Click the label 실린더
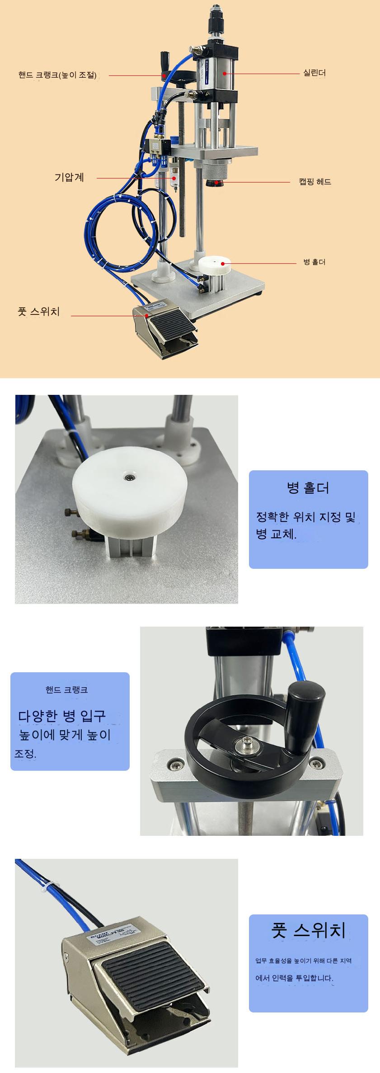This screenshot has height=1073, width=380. click(314, 73)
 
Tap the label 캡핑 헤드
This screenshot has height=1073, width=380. click(315, 182)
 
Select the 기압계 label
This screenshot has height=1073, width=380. click(69, 177)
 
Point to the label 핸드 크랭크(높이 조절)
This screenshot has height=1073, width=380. click(58, 75)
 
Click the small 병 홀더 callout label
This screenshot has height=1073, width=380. click(314, 262)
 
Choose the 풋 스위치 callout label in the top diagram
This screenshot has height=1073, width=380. click(39, 311)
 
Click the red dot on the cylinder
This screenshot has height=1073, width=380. click(223, 72)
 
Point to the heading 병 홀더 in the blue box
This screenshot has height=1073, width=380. click(308, 487)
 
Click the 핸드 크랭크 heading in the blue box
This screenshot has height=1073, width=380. click(66, 689)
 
